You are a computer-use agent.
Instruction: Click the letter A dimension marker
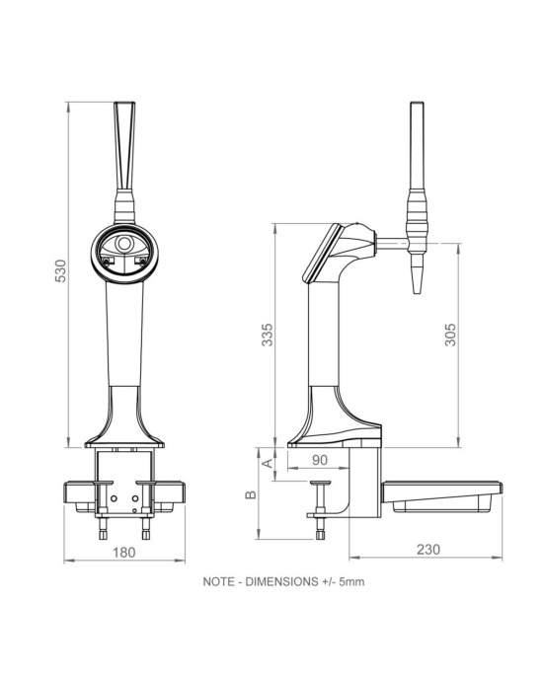tap(264, 461)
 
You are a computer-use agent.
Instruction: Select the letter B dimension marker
tap(251, 493)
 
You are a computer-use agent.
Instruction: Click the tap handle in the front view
tap(126, 148)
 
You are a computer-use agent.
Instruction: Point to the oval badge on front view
tap(125, 248)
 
